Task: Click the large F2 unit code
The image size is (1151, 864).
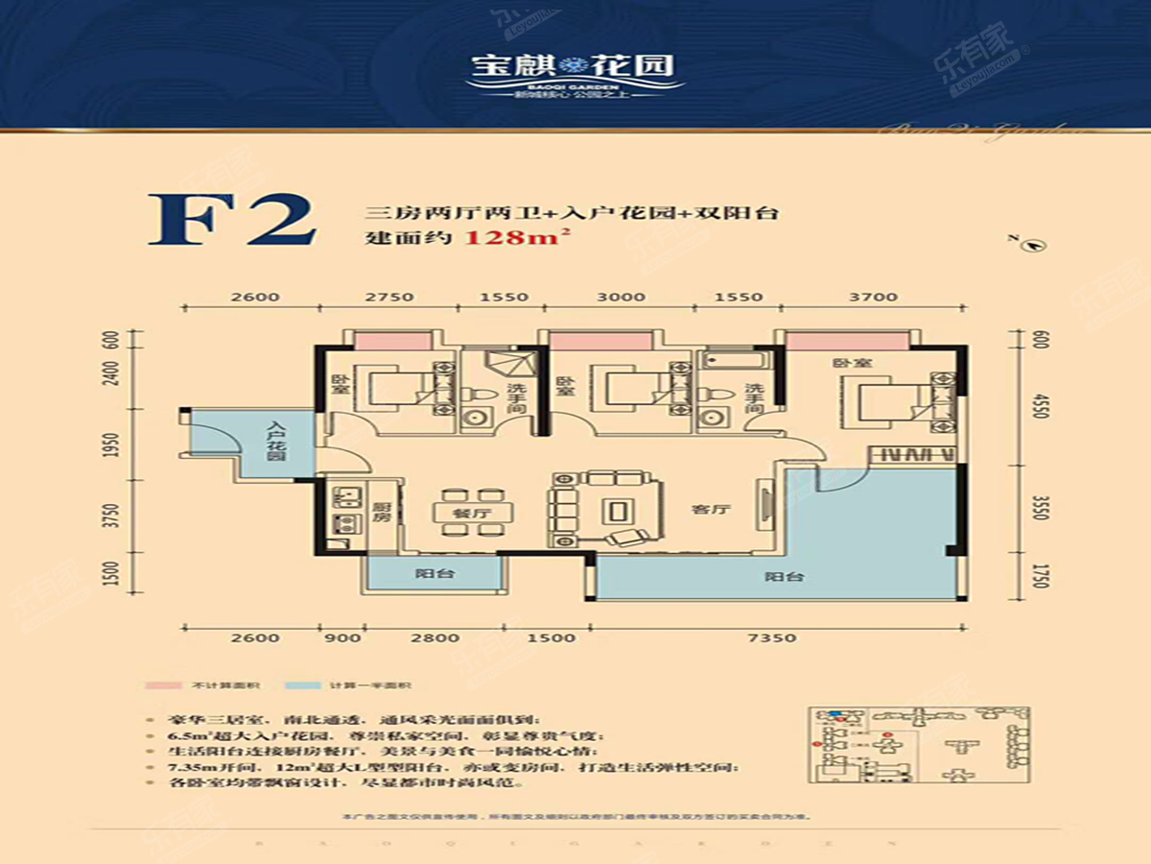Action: (x=232, y=221)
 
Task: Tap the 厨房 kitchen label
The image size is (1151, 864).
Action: (x=381, y=513)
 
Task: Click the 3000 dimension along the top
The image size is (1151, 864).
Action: (x=621, y=297)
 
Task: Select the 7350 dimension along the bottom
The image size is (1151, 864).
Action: (x=775, y=638)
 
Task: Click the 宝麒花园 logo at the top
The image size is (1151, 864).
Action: (x=574, y=67)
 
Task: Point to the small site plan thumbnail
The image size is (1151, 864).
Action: (x=918, y=748)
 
